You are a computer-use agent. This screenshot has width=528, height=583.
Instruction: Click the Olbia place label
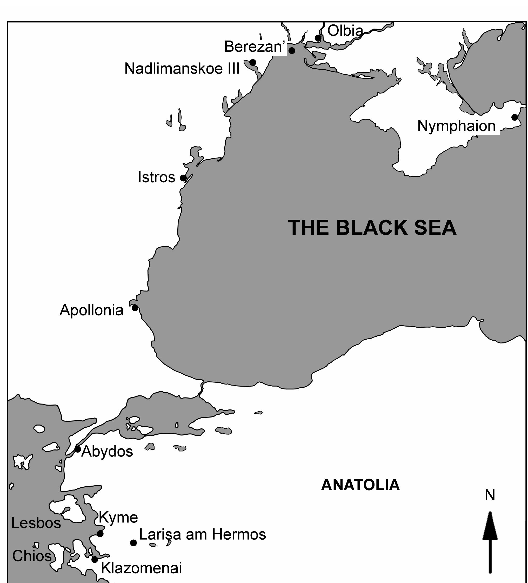345,31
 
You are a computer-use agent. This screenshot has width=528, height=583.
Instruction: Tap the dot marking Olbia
318,38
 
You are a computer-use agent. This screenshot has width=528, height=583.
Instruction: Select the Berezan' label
255,47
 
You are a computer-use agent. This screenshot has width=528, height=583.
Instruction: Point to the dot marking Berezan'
292,51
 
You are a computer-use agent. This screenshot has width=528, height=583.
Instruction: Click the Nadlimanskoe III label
182,69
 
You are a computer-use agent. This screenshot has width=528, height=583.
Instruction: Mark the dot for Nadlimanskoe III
253,62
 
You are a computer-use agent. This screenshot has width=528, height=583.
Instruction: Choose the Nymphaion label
456,126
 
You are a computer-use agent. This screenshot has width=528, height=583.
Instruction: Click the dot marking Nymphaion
515,117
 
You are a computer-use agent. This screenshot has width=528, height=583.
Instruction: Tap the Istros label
156,177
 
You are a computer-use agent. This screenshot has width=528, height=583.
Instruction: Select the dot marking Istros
183,178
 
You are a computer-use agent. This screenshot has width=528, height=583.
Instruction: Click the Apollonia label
91,310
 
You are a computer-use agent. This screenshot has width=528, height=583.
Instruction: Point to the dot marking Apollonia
135,308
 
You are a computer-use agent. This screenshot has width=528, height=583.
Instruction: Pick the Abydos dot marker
78,449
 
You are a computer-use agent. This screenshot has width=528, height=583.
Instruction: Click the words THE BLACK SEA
372,228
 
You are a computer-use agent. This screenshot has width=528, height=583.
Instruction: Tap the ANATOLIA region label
360,485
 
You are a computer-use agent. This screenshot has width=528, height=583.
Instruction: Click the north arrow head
490,527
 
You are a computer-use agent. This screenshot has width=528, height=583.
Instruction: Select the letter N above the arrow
490,495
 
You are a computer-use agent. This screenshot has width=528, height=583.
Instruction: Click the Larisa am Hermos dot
133,543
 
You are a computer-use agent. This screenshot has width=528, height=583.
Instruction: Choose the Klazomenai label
141,568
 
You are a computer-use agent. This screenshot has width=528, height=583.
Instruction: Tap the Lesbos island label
36,523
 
